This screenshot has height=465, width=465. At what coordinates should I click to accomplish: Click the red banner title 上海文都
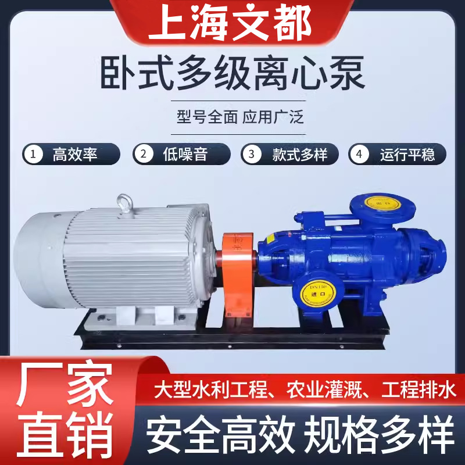(x=232, y=23)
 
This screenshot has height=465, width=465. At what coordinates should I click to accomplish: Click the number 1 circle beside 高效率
(x=34, y=155)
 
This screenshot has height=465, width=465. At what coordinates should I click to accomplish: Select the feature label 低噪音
(x=185, y=155)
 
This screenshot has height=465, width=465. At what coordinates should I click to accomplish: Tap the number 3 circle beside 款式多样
(x=252, y=155)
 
